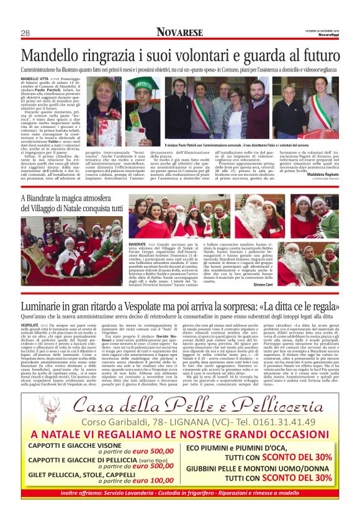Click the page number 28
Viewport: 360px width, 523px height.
point(25,34)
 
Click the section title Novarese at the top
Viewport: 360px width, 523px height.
point(180,32)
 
